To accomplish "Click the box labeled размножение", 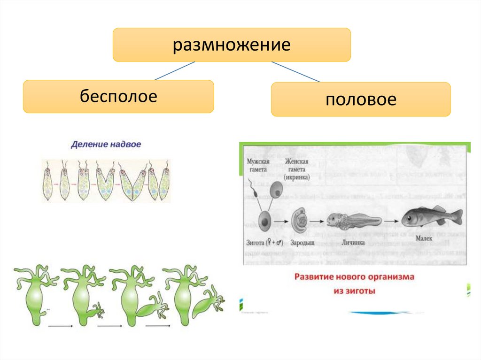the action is (x=232, y=45).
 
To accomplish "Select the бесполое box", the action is (x=118, y=97).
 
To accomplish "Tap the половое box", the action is (x=361, y=100).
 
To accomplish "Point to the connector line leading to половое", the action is (x=296, y=72).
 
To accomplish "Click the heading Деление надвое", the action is (x=106, y=145).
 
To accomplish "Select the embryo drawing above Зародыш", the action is (x=301, y=219).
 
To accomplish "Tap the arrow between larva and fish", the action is (x=390, y=220).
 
